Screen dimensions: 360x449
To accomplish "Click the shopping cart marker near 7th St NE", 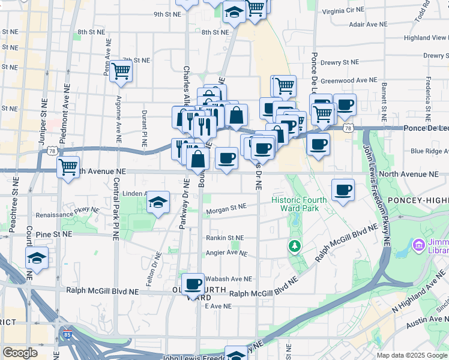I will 122,71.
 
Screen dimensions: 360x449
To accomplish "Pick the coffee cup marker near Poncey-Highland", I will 343,190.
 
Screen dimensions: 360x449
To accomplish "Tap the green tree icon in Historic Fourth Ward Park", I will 294,245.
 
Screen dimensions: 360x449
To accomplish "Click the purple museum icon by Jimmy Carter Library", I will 418,245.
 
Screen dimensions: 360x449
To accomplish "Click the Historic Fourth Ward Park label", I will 299,204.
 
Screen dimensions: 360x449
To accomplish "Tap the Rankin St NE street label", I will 225,238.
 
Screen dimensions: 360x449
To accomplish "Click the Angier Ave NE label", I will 226,253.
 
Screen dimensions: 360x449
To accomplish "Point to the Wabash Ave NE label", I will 228,279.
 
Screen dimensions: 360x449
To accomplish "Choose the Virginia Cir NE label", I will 343,11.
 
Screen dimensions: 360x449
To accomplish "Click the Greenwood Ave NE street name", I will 349,80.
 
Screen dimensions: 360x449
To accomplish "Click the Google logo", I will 20,353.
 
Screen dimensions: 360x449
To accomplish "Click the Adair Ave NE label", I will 370,25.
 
